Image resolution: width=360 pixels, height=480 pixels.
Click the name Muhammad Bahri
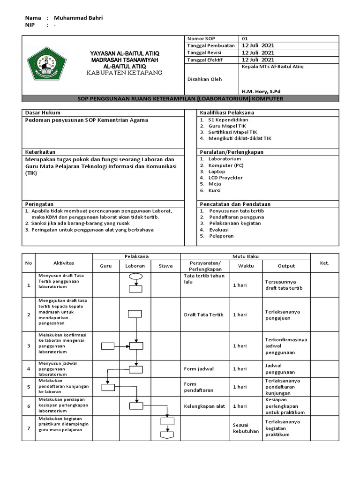tap(78, 18)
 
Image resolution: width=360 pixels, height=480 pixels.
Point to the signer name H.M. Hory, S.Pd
tap(262, 91)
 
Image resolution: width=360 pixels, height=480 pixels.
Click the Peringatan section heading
tap(39, 204)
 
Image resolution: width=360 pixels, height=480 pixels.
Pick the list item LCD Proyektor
tap(226, 178)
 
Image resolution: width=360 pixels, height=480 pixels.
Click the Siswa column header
tap(165, 266)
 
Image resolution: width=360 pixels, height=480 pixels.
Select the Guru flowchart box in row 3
tap(108, 346)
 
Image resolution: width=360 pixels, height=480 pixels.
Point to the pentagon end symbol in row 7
tap(167, 435)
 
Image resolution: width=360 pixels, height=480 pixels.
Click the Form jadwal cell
tap(199, 369)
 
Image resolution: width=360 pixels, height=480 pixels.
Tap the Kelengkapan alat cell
tap(204, 406)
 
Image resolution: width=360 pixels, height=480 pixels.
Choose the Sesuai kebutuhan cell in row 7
tap(246, 428)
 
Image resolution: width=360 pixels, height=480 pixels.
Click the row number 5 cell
tap(29, 387)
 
